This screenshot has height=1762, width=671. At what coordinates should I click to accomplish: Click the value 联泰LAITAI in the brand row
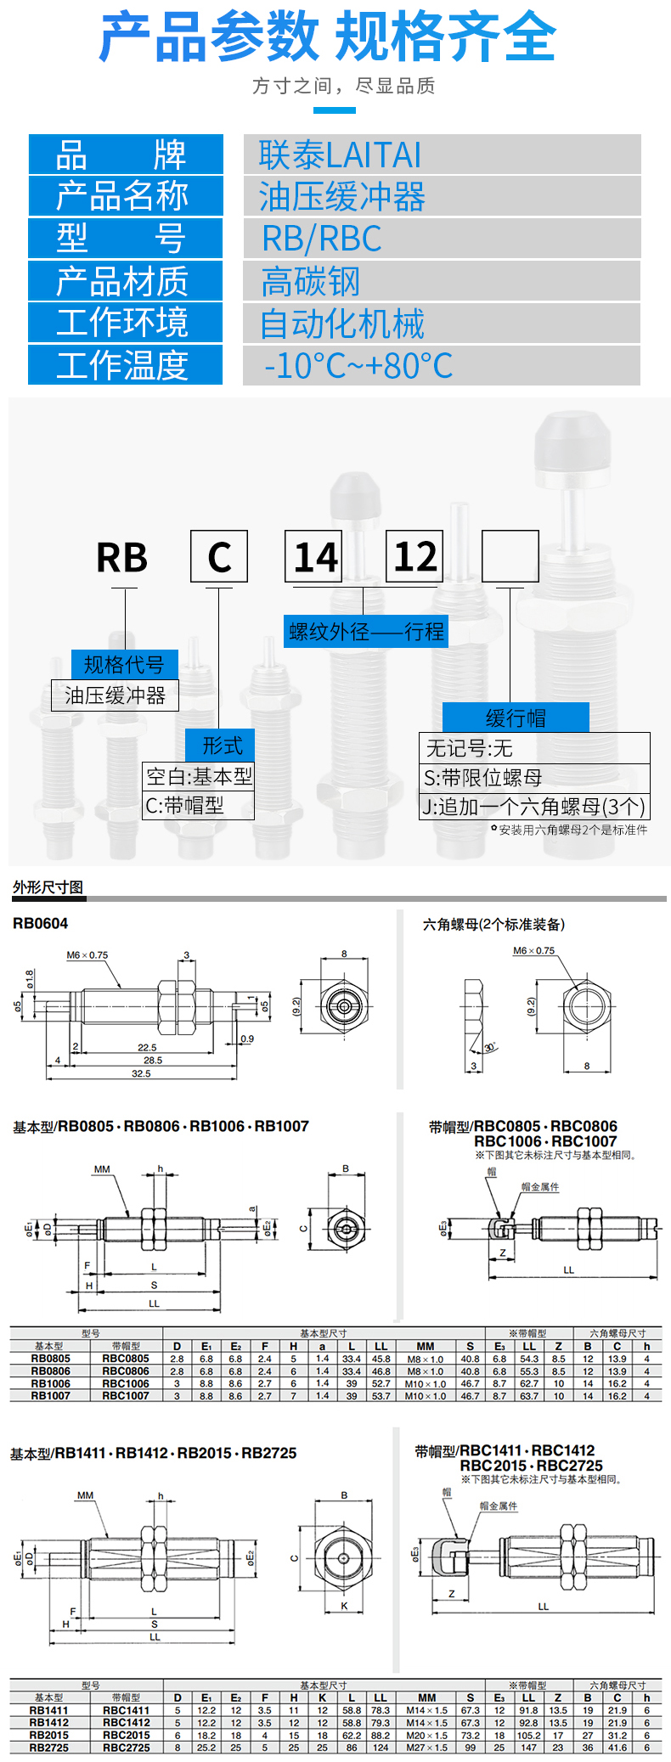[x=340, y=155]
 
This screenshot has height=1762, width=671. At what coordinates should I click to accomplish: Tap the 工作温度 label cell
[x=124, y=365]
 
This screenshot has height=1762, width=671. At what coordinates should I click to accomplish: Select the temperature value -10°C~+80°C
[x=358, y=366]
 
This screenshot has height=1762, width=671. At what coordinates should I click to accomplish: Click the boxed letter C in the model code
[x=219, y=557]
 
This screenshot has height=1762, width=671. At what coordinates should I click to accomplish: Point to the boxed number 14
[x=314, y=557]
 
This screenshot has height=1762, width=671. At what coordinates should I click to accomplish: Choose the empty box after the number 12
[x=510, y=557]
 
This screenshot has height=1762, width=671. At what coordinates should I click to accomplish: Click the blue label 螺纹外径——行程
[x=366, y=632]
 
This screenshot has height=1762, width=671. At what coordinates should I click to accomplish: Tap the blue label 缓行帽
[x=515, y=718]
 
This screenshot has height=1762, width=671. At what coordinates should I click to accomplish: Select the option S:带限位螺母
[x=483, y=778]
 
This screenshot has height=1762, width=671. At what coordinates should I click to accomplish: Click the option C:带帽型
[x=185, y=806]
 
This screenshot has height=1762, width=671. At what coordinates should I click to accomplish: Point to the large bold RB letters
[x=122, y=558]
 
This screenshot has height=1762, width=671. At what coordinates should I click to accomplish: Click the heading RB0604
[x=40, y=924]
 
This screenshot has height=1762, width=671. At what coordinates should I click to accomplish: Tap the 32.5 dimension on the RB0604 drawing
[x=141, y=1073]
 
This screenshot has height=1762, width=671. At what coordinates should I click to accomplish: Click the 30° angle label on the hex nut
[x=490, y=1047]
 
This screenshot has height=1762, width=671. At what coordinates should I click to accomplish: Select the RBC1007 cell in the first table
[x=126, y=1395]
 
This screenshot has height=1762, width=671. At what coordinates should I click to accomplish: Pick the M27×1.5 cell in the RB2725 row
[x=426, y=1748]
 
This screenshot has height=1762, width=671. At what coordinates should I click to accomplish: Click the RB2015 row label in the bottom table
[x=48, y=1735]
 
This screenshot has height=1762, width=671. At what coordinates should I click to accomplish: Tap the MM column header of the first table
[x=426, y=1346]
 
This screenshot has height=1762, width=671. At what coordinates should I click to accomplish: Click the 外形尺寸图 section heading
[x=48, y=887]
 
